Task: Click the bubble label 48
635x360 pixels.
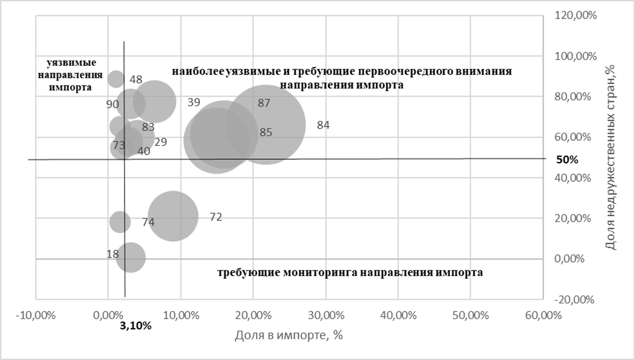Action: [x=136, y=80]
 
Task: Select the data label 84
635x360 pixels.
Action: [x=323, y=126]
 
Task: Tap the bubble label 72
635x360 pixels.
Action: [x=216, y=217]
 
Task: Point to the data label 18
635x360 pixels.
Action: [x=112, y=254]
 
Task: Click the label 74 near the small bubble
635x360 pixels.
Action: [x=148, y=223]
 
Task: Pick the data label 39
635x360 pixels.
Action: [x=194, y=103]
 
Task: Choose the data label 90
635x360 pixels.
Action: [x=112, y=104]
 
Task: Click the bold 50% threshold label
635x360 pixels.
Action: [x=567, y=159]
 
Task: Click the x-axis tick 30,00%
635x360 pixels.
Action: [x=325, y=315]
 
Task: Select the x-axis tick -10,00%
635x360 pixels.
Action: [x=35, y=315]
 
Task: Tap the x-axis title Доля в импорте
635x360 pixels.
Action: [x=289, y=335]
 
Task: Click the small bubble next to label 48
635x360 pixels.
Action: [x=116, y=79]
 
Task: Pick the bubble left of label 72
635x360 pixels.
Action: [x=173, y=216]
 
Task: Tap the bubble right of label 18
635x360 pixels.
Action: [x=130, y=257]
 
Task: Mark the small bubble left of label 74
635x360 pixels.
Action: [x=119, y=221]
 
